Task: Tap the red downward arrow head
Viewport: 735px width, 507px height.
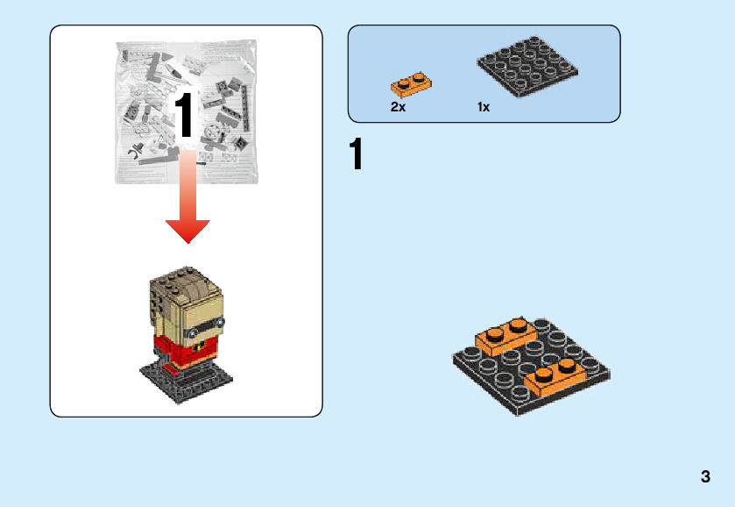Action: coord(187,230)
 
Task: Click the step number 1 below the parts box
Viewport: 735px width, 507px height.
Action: coord(356,156)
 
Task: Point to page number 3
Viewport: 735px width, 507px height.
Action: coord(705,478)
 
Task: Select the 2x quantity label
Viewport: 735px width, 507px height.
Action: coord(398,107)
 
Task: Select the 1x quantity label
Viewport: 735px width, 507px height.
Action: coord(484,107)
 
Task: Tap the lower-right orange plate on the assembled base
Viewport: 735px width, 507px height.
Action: coord(557,376)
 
